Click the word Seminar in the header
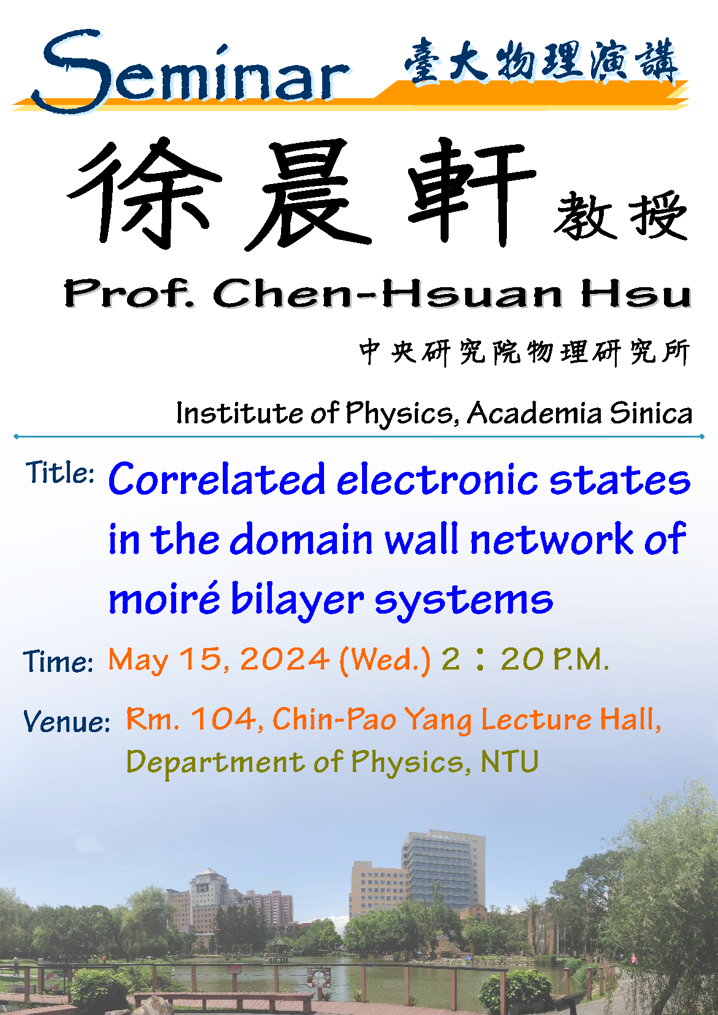pos(190,72)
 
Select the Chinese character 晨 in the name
pos(308,195)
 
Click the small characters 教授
pos(621,215)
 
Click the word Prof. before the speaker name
pos(129,293)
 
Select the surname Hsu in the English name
pos(636,293)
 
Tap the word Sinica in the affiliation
pos(651,413)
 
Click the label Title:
pos(60,473)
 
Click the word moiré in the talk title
pos(164,598)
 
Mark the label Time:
pos(58,662)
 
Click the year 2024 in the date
pos(285,659)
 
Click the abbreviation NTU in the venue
pos(509,761)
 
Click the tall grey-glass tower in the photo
pos(443,872)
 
